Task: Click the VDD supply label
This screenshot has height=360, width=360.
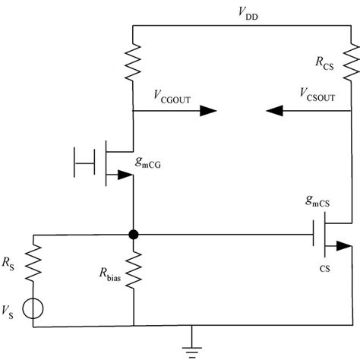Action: [248, 13]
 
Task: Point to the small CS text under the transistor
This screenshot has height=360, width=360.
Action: [325, 267]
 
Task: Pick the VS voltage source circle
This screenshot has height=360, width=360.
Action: [33, 308]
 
